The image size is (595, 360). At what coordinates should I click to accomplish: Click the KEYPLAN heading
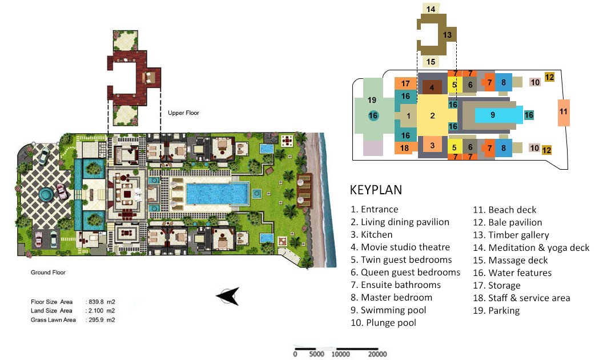(376, 190)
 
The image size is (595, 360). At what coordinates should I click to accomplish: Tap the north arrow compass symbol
(228, 296)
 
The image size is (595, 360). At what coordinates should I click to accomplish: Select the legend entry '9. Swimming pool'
(388, 310)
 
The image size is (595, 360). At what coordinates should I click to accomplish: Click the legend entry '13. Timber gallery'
(510, 235)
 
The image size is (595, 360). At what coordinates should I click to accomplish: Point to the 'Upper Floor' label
(183, 113)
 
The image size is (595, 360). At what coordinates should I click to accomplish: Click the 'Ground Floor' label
(48, 272)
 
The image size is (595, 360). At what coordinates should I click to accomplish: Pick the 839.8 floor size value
(96, 302)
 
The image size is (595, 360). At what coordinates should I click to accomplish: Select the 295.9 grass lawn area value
(96, 320)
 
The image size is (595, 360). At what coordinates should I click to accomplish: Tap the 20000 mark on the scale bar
(377, 354)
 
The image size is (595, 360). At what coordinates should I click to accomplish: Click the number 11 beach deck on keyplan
(564, 112)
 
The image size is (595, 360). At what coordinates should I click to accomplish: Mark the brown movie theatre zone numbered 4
(432, 87)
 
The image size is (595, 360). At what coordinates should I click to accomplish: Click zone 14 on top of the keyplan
(431, 9)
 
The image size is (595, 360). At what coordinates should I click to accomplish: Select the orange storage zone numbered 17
(405, 83)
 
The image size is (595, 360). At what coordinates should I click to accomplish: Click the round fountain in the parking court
(46, 195)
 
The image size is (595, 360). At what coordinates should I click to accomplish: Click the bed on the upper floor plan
(148, 78)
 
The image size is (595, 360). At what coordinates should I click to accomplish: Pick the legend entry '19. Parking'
(496, 311)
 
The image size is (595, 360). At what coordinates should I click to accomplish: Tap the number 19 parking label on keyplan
(372, 100)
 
